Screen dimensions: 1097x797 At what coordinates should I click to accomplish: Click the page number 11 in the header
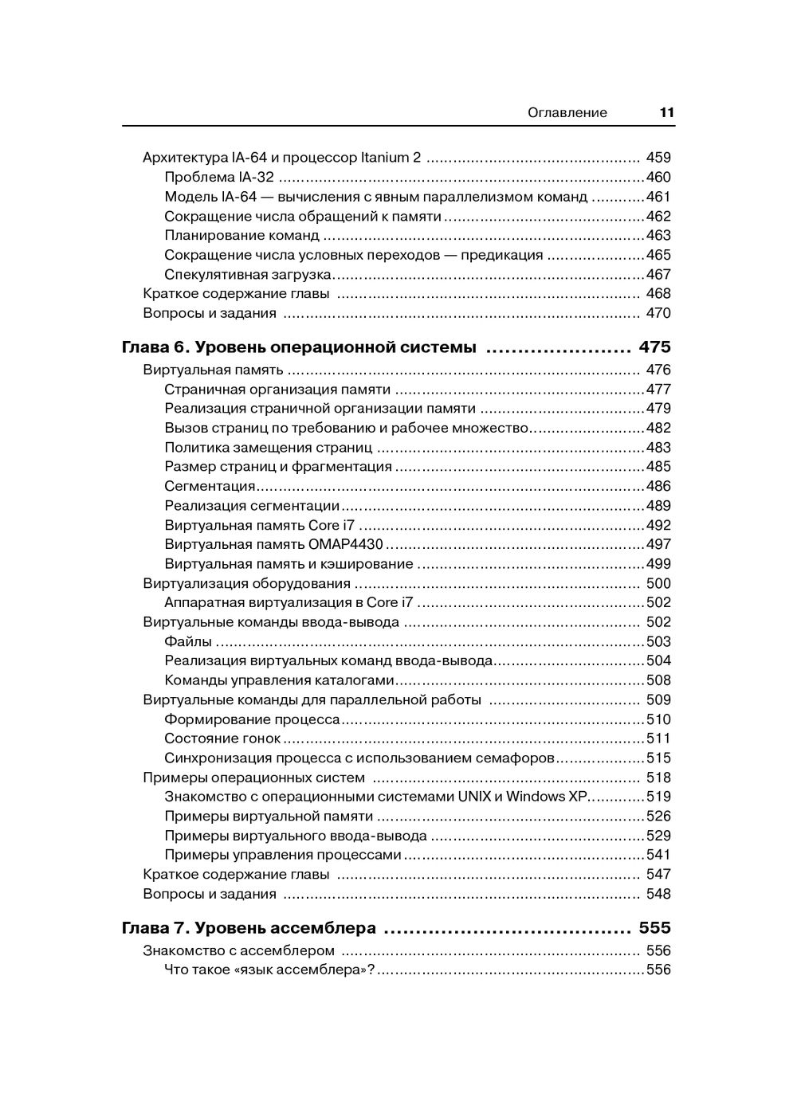667,112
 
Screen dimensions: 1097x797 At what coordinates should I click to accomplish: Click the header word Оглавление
567,112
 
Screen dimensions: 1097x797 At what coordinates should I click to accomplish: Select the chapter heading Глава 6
154,347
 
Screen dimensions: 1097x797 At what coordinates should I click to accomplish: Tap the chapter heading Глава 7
154,928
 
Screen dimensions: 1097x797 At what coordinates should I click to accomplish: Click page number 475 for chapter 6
654,347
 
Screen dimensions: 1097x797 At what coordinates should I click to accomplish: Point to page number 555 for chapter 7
654,928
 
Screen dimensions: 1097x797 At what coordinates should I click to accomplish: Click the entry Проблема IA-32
219,178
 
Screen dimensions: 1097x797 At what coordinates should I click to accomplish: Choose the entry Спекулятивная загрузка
247,275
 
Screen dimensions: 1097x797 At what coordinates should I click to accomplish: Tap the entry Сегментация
210,486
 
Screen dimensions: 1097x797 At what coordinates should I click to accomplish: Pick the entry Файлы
188,641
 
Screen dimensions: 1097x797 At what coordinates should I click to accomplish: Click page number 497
658,545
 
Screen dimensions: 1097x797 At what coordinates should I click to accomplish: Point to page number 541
658,855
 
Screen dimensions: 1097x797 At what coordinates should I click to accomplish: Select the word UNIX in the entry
473,797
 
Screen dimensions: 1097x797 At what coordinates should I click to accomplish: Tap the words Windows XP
546,797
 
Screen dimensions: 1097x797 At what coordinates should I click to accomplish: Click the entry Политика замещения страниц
268,448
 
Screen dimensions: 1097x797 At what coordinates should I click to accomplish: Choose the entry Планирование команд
241,236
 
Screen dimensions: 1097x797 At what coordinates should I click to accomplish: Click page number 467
658,275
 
